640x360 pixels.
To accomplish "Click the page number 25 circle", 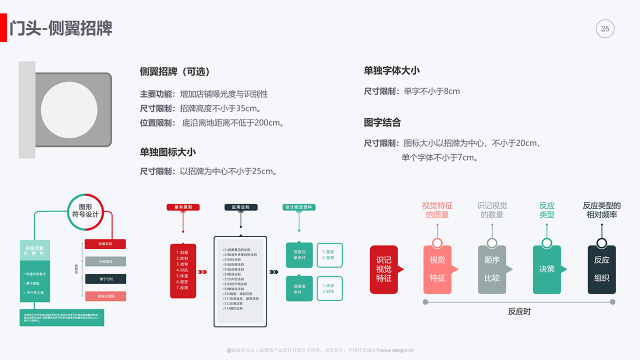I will (605, 29).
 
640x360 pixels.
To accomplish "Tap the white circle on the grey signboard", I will (69, 110).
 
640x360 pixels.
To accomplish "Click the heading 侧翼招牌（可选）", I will (175, 71).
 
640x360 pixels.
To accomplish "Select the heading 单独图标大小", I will (168, 152).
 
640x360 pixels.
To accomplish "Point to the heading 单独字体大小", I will (392, 70).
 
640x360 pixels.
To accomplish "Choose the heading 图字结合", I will (382, 122).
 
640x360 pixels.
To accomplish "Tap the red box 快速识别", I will (105, 244).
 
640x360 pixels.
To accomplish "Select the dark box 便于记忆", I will (105, 279).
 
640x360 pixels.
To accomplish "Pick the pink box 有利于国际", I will (105, 296).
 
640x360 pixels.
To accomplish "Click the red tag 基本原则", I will (183, 207).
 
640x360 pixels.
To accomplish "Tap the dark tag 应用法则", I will (240, 207).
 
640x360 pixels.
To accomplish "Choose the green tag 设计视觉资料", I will (299, 207).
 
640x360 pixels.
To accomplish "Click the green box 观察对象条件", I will (299, 255).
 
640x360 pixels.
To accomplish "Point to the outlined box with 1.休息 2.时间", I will (329, 288).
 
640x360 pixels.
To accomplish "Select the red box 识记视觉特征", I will (384, 269).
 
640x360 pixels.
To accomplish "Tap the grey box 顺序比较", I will (492, 269).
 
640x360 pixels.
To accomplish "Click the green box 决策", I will (546, 269).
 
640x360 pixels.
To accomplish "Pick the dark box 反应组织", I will (601, 269).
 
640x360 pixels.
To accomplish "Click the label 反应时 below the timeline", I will (519, 311).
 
